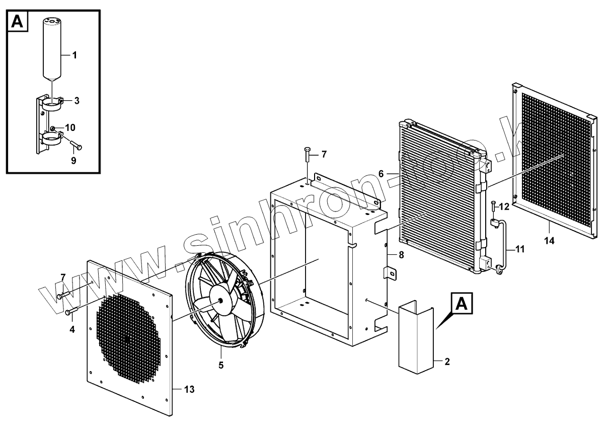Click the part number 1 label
pyautogui.click(x=74, y=55)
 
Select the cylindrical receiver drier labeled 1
pyautogui.click(x=52, y=48)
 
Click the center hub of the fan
pyautogui.click(x=220, y=299)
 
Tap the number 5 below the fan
pyautogui.click(x=221, y=365)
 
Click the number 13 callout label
pyautogui.click(x=189, y=389)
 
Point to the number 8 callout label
pyautogui.click(x=401, y=255)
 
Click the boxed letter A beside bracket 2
pyautogui.click(x=463, y=304)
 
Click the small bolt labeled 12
pyautogui.click(x=493, y=208)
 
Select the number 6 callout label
pyautogui.click(x=381, y=173)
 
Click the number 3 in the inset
pyautogui.click(x=77, y=101)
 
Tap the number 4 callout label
pyautogui.click(x=72, y=330)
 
